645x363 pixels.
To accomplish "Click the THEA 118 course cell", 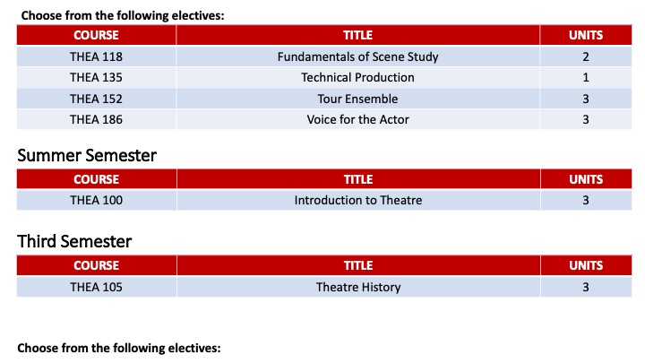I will click(96, 57).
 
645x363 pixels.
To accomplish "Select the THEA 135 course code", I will click(96, 78).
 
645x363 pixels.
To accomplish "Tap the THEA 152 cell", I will click(96, 99).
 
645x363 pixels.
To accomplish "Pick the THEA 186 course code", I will click(96, 119).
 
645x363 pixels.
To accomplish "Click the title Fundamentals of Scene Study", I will click(357, 57).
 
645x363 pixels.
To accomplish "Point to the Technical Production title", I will click(357, 78).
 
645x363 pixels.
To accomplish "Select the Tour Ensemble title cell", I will click(357, 99).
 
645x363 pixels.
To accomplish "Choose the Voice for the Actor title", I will click(357, 119).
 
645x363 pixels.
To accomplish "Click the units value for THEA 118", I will click(586, 57).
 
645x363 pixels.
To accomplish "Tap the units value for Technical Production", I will click(586, 78).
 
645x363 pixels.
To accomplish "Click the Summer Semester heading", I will click(87, 156).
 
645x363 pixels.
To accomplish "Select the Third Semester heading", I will click(74, 242).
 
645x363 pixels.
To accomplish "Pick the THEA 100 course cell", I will click(96, 201).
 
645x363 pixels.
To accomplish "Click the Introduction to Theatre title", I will click(357, 201).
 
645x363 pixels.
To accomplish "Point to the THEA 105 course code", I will click(96, 288).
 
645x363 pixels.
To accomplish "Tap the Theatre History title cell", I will click(357, 288).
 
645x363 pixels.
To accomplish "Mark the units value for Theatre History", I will click(586, 288).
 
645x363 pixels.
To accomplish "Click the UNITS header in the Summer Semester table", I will click(586, 179).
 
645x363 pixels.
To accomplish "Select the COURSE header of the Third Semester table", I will click(96, 266).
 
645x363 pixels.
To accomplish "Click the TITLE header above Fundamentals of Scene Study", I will click(357, 36).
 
